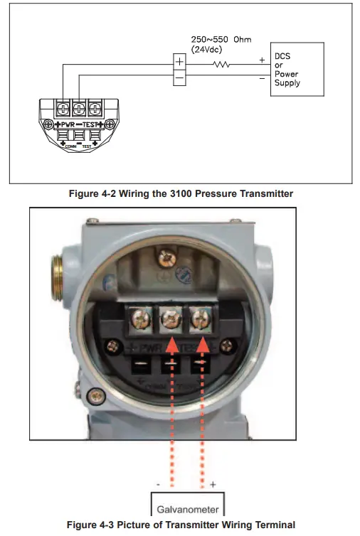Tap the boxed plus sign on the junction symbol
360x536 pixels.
pos(180,62)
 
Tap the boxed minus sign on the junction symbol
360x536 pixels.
pos(180,75)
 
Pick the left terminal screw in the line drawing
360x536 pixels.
pos(63,109)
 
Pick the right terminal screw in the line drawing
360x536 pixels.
pos(94,109)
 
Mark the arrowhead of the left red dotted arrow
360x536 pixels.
pos(171,346)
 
